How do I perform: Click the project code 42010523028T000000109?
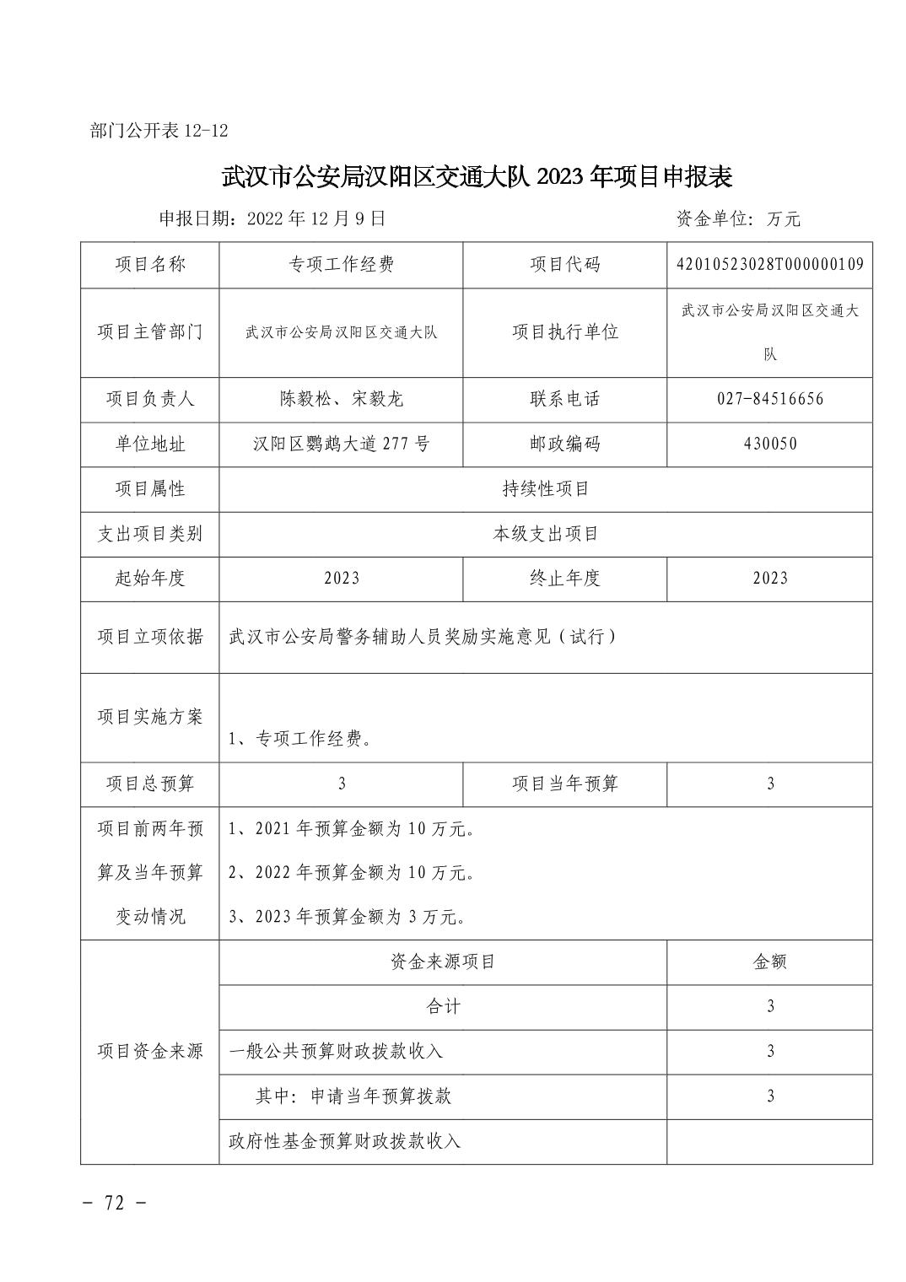click(769, 265)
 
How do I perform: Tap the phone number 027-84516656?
click(769, 399)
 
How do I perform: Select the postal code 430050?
click(769, 444)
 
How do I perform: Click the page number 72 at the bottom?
click(116, 1203)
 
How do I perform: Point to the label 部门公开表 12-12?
click(159, 131)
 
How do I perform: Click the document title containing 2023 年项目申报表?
click(477, 176)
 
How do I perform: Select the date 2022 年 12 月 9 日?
click(316, 218)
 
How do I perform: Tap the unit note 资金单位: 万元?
click(738, 219)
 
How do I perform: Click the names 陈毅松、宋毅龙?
click(341, 399)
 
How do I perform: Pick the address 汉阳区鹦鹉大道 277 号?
click(341, 444)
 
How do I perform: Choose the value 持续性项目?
click(545, 489)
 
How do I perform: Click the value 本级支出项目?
click(545, 534)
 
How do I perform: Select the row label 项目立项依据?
click(150, 637)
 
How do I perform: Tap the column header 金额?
click(769, 961)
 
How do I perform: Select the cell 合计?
click(443, 1006)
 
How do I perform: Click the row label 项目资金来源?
click(150, 1051)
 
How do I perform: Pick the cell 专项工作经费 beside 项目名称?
click(341, 265)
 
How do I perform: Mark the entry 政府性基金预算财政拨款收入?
click(345, 1141)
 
